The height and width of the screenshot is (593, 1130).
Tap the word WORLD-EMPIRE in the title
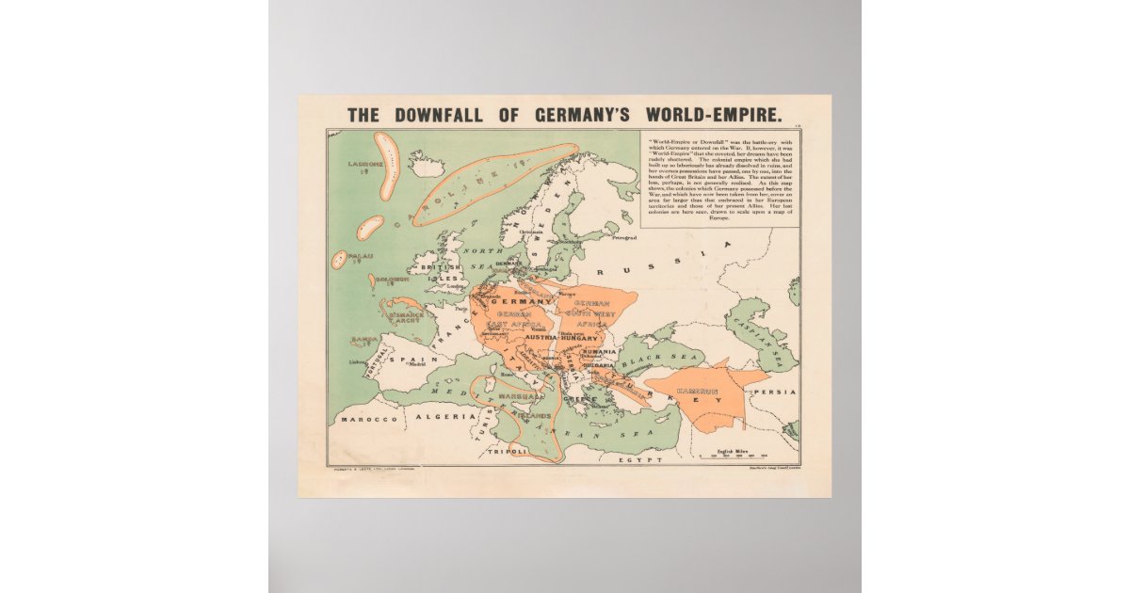[713, 116]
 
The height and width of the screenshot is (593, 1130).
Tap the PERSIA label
[778, 392]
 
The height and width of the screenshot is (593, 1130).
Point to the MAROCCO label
[368, 418]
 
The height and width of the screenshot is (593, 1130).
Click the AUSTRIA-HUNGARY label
[555, 337]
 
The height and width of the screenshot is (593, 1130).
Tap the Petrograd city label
[625, 238]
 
